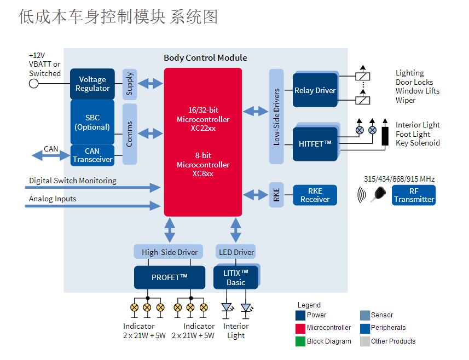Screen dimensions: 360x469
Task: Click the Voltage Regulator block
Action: pyautogui.click(x=92, y=84)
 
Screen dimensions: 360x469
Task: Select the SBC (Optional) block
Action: pyautogui.click(x=92, y=122)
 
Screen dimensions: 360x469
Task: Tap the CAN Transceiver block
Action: pyautogui.click(x=92, y=155)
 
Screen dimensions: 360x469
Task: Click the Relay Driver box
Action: pyautogui.click(x=315, y=90)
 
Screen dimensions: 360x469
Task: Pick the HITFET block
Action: pyautogui.click(x=315, y=144)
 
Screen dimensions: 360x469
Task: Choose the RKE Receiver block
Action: pyautogui.click(x=315, y=195)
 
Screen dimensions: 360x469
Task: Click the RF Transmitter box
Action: pyautogui.click(x=414, y=195)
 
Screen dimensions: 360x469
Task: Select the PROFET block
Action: pyautogui.click(x=170, y=277)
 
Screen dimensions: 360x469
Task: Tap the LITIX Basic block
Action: pyautogui.click(x=236, y=277)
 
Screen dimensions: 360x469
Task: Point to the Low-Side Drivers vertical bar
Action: pyautogui.click(x=277, y=116)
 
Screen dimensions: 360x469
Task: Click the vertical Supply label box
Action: pyautogui.click(x=130, y=84)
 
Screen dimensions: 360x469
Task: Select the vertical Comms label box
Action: pyautogui.click(x=130, y=134)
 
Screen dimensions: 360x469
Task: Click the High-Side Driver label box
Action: pyautogui.click(x=170, y=252)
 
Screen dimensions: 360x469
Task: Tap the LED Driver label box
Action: pyautogui.click(x=236, y=252)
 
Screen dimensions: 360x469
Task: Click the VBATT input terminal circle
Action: pyautogui.click(x=34, y=84)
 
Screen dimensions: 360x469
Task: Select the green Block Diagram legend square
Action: pyautogui.click(x=300, y=341)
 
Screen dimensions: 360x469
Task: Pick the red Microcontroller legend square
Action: pyautogui.click(x=300, y=328)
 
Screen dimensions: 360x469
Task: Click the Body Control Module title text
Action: pyautogui.click(x=205, y=58)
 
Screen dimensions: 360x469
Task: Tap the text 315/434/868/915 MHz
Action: pyautogui.click(x=399, y=179)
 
